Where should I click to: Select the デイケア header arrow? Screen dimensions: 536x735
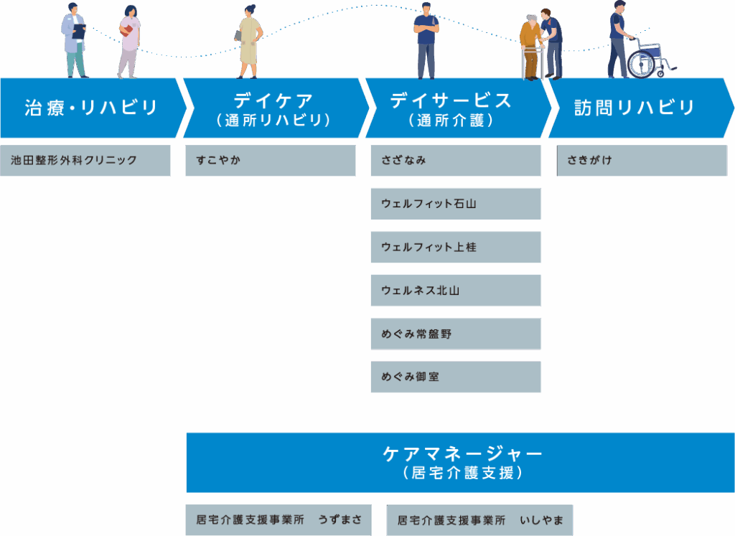[274, 108]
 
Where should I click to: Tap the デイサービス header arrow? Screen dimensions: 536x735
[455, 108]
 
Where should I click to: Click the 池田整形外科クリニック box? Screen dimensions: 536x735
[85, 161]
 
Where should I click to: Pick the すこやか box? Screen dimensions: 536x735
[271, 161]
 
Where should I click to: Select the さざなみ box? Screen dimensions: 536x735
[456, 161]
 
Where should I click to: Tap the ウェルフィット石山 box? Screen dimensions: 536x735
[456, 204]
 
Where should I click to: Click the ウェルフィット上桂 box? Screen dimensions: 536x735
[456, 247]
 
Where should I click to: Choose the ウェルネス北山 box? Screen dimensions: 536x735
[456, 291]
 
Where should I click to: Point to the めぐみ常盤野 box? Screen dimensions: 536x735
[456, 334]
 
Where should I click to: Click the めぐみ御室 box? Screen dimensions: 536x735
[456, 377]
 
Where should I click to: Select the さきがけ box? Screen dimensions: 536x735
[642, 161]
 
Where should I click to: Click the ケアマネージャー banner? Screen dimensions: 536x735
[460, 462]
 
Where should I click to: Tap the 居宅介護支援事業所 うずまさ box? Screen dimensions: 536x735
[278, 519]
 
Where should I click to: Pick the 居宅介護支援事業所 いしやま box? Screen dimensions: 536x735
[479, 519]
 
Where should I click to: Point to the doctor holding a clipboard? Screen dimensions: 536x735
[74, 39]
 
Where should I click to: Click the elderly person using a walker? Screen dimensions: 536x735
[530, 47]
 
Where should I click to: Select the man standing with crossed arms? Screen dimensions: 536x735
[426, 40]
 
